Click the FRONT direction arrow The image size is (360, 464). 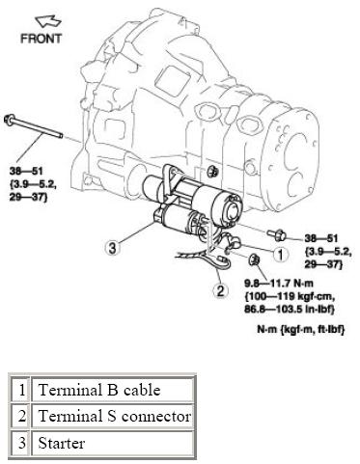[48, 21]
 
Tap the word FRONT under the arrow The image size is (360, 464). [41, 39]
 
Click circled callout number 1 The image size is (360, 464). [281, 255]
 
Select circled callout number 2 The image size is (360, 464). [220, 290]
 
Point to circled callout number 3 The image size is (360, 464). [112, 248]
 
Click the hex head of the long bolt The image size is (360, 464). [9, 119]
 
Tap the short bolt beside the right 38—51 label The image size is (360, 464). [277, 235]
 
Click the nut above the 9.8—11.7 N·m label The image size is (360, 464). [255, 259]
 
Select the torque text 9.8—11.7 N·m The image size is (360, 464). [279, 283]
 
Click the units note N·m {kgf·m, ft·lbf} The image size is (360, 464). [301, 329]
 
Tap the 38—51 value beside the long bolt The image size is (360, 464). [26, 171]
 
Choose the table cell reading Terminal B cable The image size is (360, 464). [113, 390]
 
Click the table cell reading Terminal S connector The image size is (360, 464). [113, 417]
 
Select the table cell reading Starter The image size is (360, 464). [113, 443]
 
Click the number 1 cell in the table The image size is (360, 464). [21, 390]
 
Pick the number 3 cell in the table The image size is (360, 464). [21, 443]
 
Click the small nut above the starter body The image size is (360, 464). [212, 171]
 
